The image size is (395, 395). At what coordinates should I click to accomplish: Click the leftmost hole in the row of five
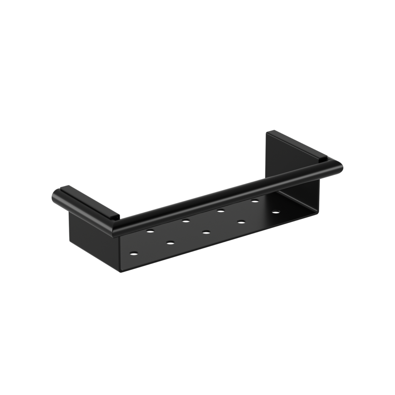[x=134, y=253]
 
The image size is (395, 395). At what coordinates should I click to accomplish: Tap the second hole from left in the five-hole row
[x=169, y=243]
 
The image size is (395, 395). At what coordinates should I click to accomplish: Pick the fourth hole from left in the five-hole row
[x=241, y=222]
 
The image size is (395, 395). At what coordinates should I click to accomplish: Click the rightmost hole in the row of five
[x=275, y=212]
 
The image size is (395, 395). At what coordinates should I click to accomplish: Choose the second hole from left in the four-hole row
[x=186, y=220]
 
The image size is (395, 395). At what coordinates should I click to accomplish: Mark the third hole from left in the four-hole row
[x=220, y=210]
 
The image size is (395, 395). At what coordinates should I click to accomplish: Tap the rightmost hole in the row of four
[x=254, y=201]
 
